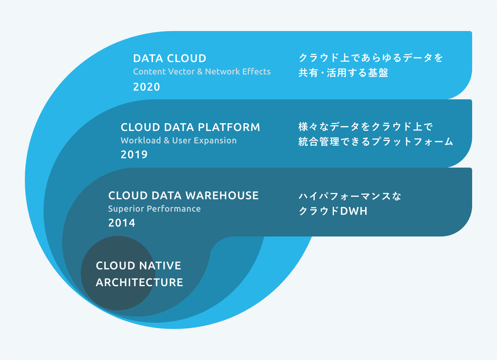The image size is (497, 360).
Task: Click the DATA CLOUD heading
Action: (x=170, y=59)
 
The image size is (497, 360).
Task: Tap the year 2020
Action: (x=146, y=87)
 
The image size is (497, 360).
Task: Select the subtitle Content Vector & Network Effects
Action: (x=202, y=72)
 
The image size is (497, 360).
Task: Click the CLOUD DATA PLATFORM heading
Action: (x=190, y=127)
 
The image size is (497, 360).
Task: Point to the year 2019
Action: (x=134, y=155)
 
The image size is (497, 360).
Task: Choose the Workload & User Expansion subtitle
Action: (x=179, y=141)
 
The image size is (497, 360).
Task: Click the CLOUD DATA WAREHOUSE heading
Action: (x=184, y=196)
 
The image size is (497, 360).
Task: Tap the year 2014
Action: (x=121, y=223)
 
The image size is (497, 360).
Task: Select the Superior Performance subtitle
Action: (x=154, y=209)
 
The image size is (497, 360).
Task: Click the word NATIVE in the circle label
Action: (x=160, y=266)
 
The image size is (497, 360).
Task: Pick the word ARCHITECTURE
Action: (x=139, y=282)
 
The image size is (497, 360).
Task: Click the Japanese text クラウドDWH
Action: (x=333, y=211)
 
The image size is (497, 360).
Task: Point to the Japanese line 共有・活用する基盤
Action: (x=343, y=73)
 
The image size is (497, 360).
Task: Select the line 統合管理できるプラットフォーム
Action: (x=376, y=142)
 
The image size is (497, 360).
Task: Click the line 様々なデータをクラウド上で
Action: (x=365, y=127)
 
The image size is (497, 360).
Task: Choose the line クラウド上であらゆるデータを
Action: (x=371, y=58)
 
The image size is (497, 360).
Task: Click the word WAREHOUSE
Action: (x=222, y=196)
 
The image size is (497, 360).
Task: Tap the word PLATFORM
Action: (x=229, y=127)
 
